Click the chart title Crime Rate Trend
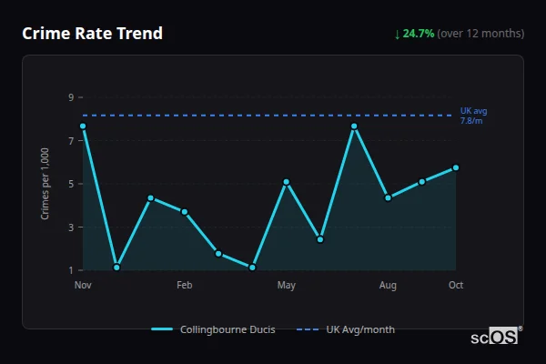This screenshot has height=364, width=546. pyautogui.click(x=92, y=34)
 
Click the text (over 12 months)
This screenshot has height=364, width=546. pyautogui.click(x=480, y=34)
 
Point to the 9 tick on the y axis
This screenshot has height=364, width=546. pyautogui.click(x=71, y=97)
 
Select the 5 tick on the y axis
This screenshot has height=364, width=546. pyautogui.click(x=71, y=184)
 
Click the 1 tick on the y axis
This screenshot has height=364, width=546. pyautogui.click(x=71, y=270)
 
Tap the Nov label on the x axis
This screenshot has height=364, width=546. pyautogui.click(x=83, y=286)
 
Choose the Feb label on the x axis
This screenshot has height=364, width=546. pyautogui.click(x=185, y=286)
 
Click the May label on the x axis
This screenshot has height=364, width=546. pyautogui.click(x=287, y=286)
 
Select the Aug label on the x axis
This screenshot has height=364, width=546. pyautogui.click(x=389, y=286)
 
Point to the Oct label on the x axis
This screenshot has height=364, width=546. pyautogui.click(x=456, y=286)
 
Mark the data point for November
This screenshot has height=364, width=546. pyautogui.click(x=83, y=126)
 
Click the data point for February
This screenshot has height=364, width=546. pyautogui.click(x=185, y=212)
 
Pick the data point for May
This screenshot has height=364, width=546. pyautogui.click(x=287, y=182)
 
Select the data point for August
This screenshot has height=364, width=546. pyautogui.click(x=389, y=197)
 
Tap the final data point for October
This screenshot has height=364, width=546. pyautogui.click(x=456, y=167)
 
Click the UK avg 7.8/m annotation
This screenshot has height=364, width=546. pyautogui.click(x=473, y=116)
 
